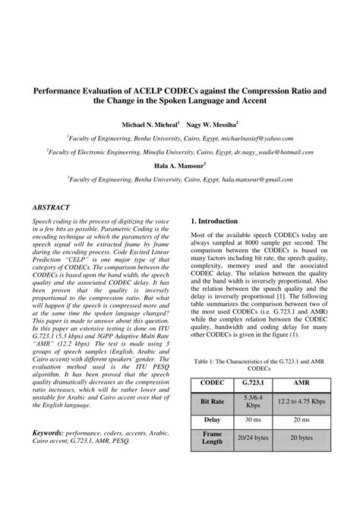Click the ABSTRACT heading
click(x=51, y=207)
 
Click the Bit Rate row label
click(x=212, y=402)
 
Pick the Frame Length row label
click(x=212, y=437)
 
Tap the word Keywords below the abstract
click(x=47, y=430)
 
